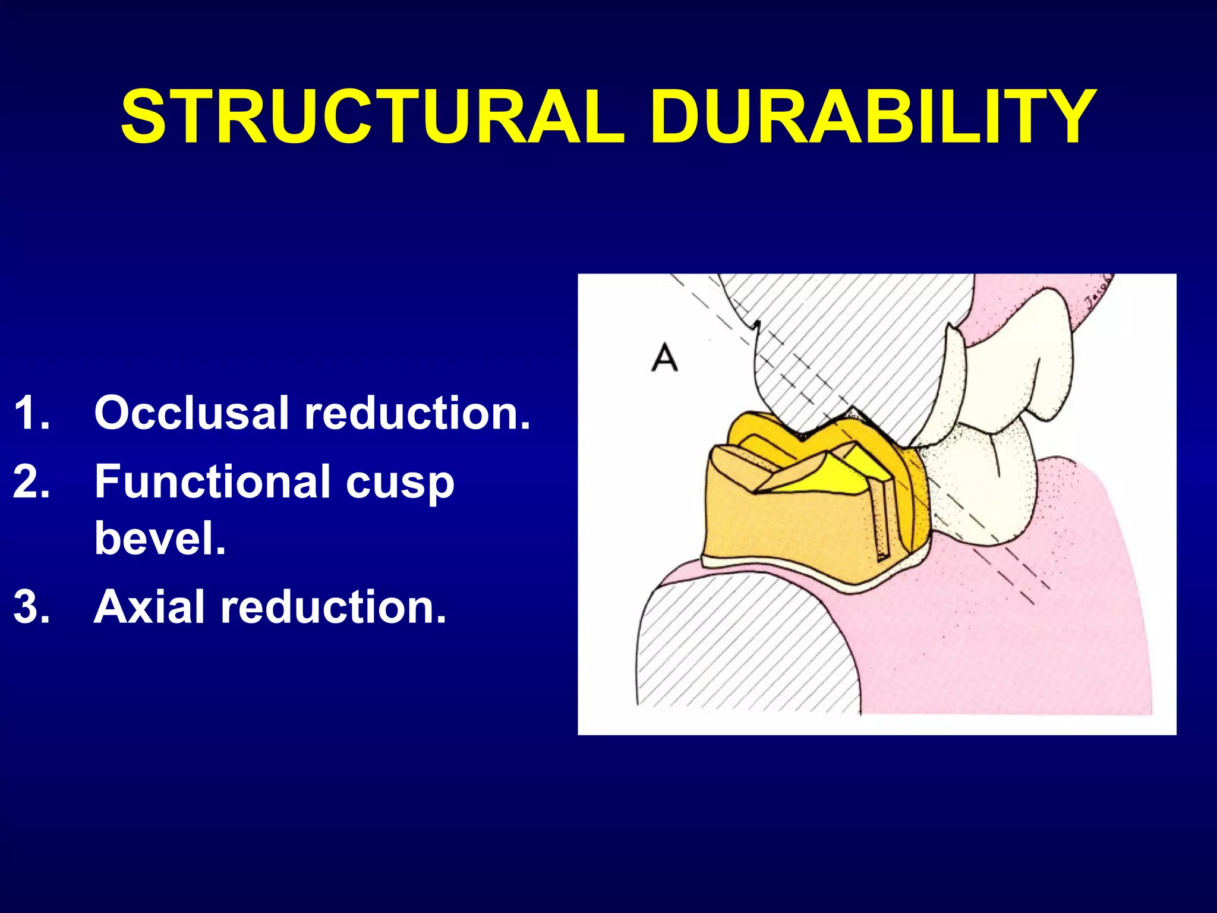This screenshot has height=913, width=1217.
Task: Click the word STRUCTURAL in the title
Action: pyautogui.click(x=373, y=117)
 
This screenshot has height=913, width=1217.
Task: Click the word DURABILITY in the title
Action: pyautogui.click(x=872, y=117)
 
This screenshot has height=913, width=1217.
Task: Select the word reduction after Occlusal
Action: pyautogui.click(x=417, y=413)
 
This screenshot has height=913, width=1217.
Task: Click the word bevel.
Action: pyautogui.click(x=160, y=537)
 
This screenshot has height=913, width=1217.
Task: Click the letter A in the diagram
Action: pyautogui.click(x=664, y=358)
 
